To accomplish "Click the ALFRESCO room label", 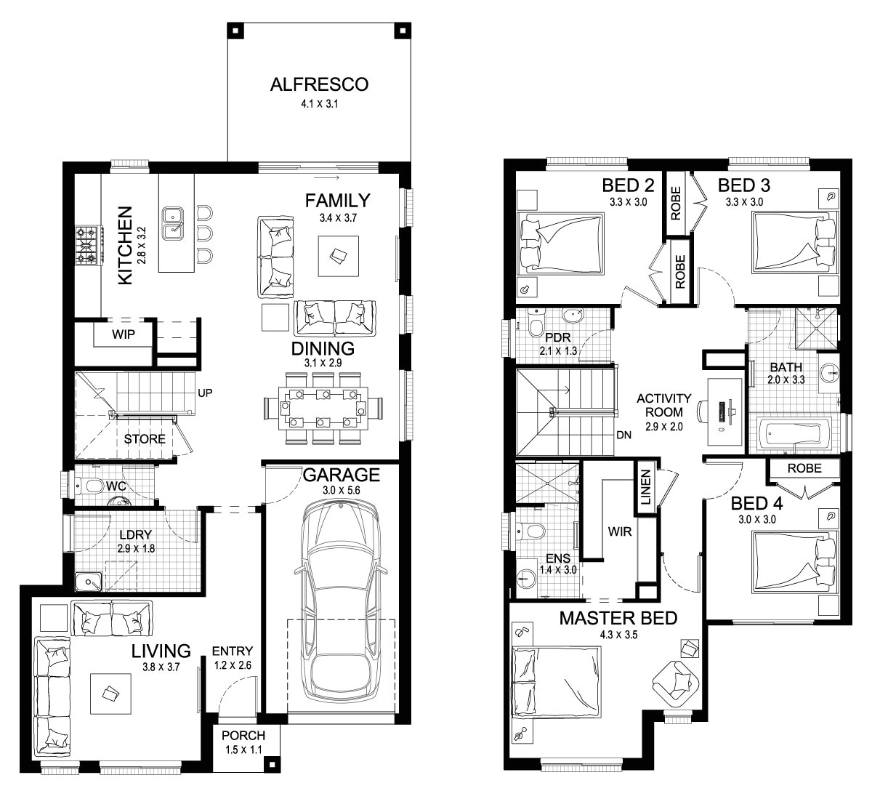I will coord(319,84).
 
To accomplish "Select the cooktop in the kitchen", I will coord(86,245).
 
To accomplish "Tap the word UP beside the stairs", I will coord(204,393).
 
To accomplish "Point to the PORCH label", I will coord(243,736).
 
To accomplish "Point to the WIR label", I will coord(620,531).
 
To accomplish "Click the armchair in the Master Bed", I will coord(677,681).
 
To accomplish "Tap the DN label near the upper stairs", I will coord(623,435).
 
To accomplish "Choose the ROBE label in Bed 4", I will coord(804,468).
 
